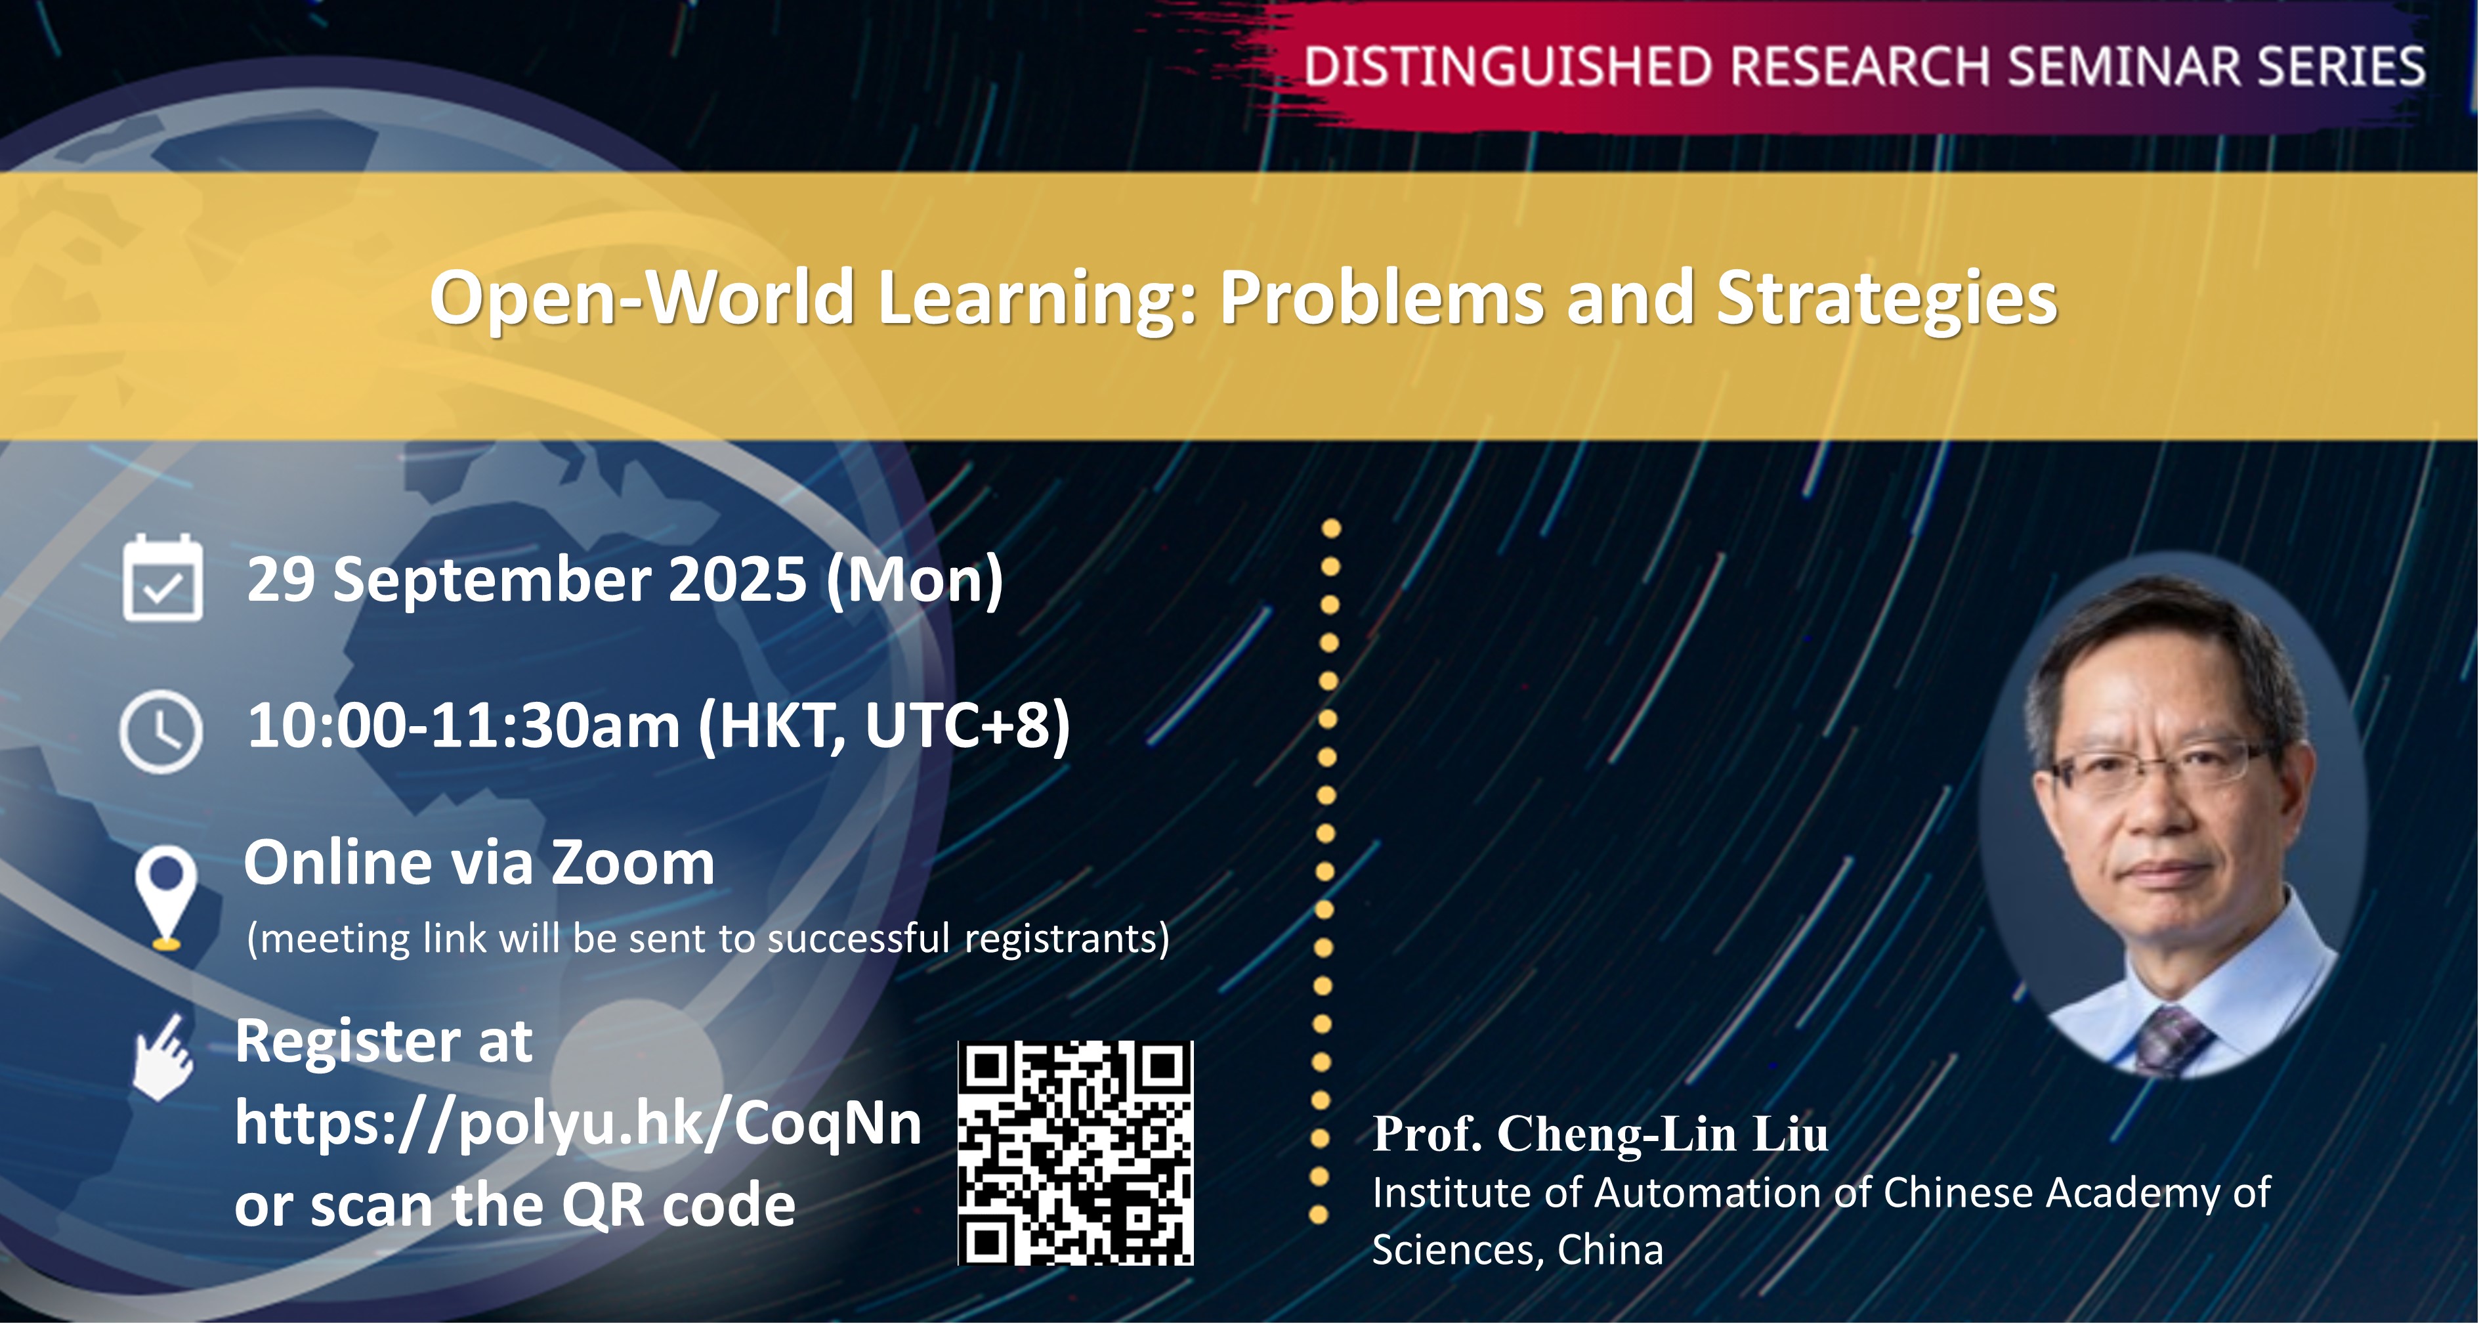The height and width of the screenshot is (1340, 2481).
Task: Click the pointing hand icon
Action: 163,1057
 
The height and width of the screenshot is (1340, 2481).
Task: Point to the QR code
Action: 1076,1153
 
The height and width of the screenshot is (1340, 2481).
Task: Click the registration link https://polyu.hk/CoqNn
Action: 578,1123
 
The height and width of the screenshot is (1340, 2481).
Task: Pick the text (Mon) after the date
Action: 915,581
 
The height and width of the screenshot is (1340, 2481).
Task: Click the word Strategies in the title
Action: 1887,299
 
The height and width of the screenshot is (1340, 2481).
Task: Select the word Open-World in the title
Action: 643,299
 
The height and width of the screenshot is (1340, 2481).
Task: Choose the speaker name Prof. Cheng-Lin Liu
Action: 1600,1134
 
